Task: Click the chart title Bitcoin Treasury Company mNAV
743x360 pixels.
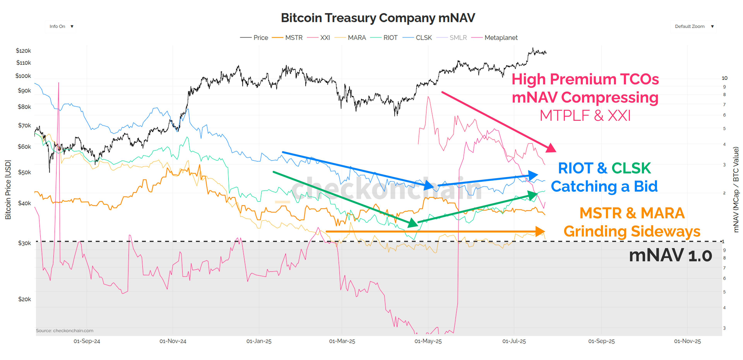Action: tap(378, 18)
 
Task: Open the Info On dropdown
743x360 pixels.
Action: tap(61, 26)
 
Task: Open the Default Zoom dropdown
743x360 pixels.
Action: tap(693, 26)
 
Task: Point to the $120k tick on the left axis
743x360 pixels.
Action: tap(23, 51)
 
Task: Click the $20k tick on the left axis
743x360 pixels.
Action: tap(25, 299)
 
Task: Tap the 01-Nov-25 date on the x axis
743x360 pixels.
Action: tap(687, 341)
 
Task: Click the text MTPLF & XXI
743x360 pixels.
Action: tap(585, 116)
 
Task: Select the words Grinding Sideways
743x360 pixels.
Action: tap(632, 231)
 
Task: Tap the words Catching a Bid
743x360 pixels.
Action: tap(604, 186)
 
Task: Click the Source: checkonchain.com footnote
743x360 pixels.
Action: tap(65, 331)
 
